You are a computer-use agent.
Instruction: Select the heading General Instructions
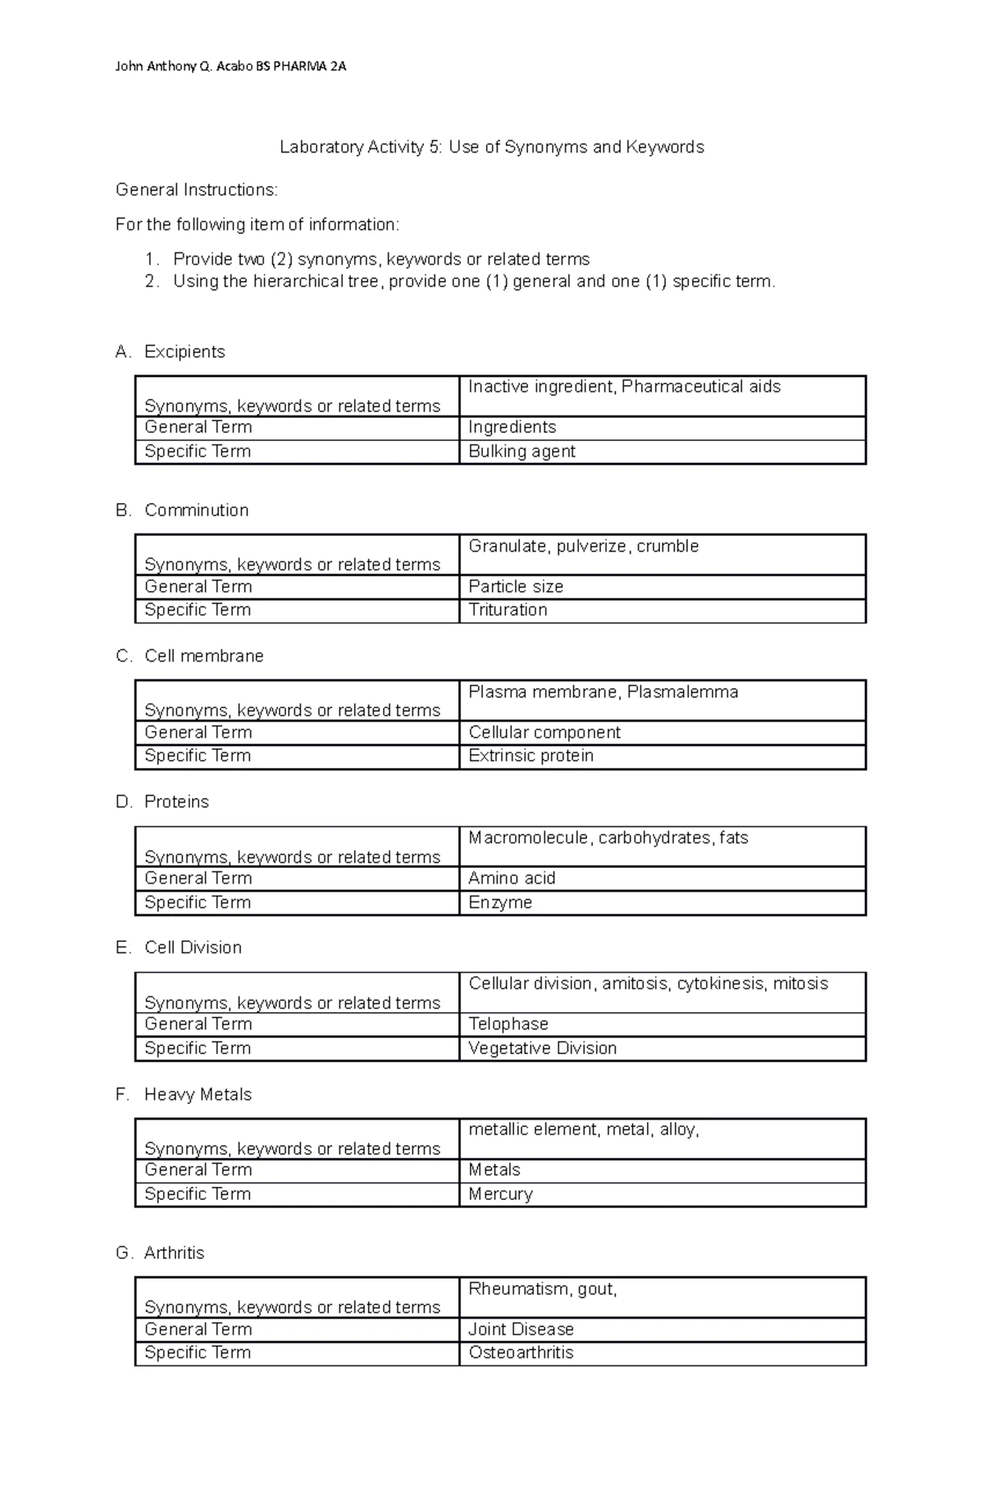click(x=197, y=190)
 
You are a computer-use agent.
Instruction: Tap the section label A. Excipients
click(x=171, y=352)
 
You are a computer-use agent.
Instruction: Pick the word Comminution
click(x=196, y=510)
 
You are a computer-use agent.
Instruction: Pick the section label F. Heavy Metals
click(x=184, y=1094)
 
